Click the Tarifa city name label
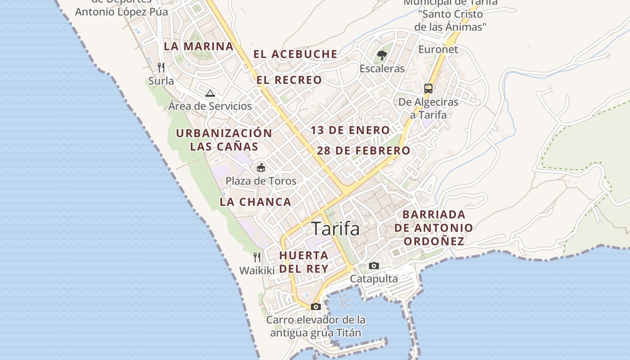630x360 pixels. [x=336, y=229]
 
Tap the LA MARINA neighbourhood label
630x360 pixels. [x=198, y=46]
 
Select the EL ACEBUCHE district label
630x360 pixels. [x=295, y=54]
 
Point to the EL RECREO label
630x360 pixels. [x=289, y=81]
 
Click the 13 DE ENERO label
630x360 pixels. [x=351, y=130]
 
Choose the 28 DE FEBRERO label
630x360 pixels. [x=364, y=151]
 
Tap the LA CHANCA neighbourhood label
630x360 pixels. [x=256, y=202]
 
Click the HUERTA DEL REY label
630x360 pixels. [x=304, y=262]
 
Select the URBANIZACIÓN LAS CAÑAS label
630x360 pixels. [x=224, y=140]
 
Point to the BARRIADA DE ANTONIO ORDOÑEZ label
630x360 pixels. [x=434, y=228]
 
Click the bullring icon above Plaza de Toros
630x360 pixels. [x=261, y=168]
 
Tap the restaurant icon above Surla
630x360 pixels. [x=161, y=67]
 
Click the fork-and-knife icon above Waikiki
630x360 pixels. [x=257, y=257]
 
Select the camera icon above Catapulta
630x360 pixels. [x=374, y=266]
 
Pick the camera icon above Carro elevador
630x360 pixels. [x=316, y=307]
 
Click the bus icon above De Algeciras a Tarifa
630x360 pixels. [x=428, y=89]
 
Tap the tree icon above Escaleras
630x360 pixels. [x=382, y=56]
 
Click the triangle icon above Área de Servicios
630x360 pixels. [x=210, y=94]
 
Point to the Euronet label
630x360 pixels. [x=438, y=49]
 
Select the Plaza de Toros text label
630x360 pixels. [x=261, y=181]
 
